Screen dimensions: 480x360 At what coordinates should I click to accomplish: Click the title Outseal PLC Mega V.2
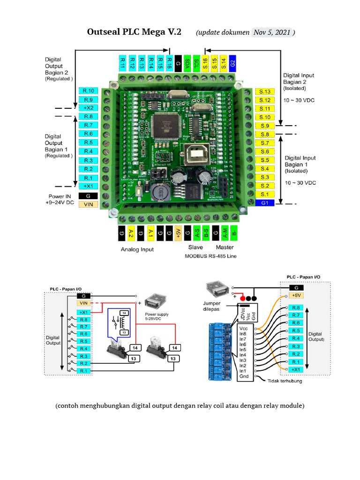pyautogui.click(x=134, y=32)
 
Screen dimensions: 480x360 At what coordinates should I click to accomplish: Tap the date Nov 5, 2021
pyautogui.click(x=273, y=32)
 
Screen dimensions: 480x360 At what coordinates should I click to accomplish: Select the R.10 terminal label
pyautogui.click(x=89, y=91)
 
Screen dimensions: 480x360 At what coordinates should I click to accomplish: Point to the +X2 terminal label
pyautogui.click(x=89, y=108)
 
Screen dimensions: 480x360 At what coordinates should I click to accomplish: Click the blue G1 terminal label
pyautogui.click(x=265, y=203)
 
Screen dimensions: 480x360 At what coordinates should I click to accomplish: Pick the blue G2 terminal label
pyautogui.click(x=233, y=62)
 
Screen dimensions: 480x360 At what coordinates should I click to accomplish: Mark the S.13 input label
pyautogui.click(x=265, y=91)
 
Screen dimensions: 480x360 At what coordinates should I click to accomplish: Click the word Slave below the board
pyautogui.click(x=195, y=247)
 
